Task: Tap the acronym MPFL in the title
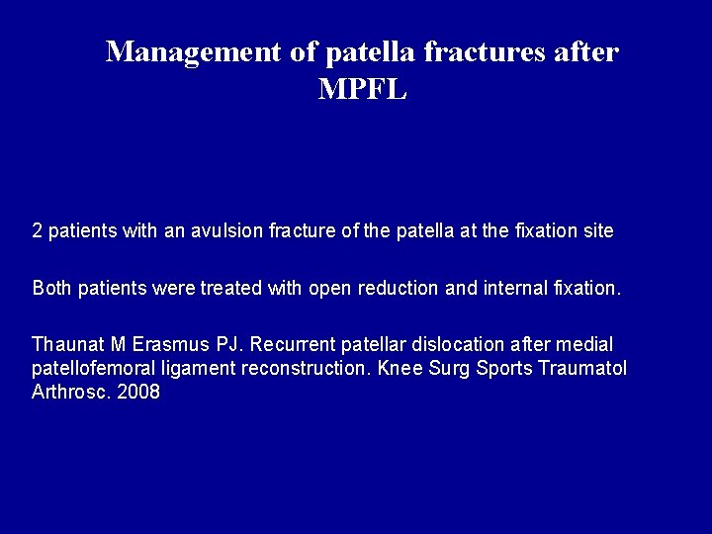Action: tap(363, 89)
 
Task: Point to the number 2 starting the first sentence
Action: tap(37, 231)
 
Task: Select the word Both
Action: tap(50, 289)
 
